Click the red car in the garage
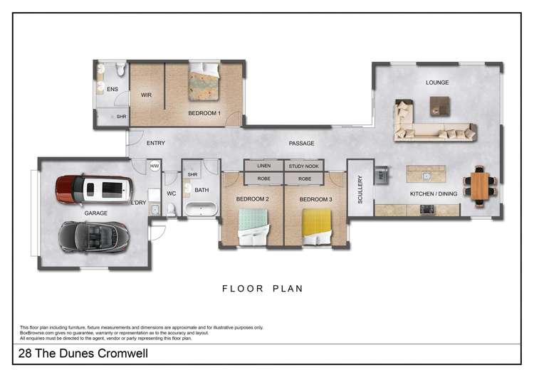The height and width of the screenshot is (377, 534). (x=93, y=188)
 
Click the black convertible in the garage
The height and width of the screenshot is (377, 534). (x=94, y=236)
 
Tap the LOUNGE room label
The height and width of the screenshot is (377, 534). (x=437, y=83)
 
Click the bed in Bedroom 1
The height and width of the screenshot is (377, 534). (x=204, y=83)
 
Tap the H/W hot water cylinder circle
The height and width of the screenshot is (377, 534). (x=155, y=166)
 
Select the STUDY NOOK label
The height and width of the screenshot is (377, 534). (x=305, y=166)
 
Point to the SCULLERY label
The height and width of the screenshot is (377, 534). (x=360, y=190)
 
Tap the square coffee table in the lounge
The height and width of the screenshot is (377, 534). (x=439, y=106)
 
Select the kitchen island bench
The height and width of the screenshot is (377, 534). (x=426, y=174)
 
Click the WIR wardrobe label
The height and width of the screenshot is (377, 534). (x=146, y=95)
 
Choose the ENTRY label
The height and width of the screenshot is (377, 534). (x=155, y=144)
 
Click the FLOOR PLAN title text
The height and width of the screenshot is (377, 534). (x=262, y=289)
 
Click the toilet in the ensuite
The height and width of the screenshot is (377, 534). (x=120, y=69)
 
